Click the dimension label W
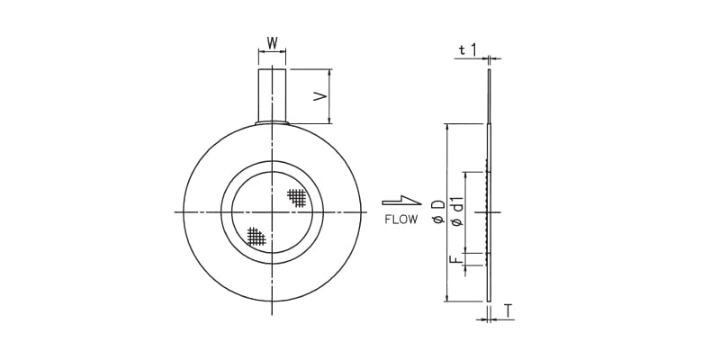pos(272,42)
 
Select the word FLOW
pos(400,219)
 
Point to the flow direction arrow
pos(400,201)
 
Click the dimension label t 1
pos(467,50)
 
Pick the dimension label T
pos(508,310)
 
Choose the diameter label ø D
pos(436,212)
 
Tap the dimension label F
pos(456,260)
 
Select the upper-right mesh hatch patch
pos(297,196)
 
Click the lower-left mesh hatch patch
pos(256,237)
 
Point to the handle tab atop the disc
pos(272,95)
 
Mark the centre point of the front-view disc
pos(272,211)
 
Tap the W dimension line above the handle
pos(272,52)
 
